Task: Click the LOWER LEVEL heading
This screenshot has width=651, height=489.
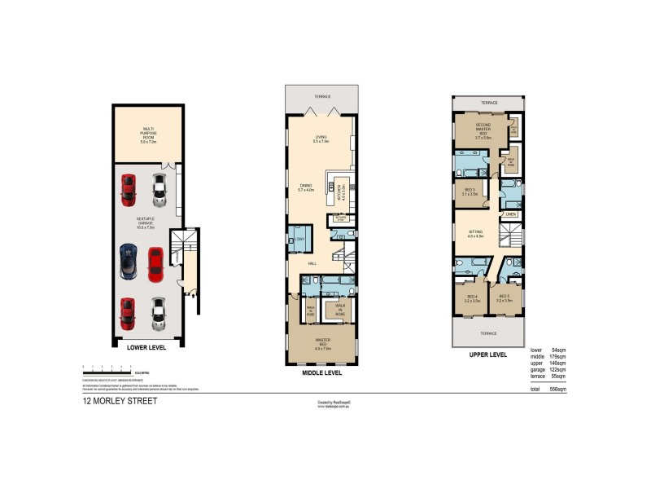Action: pos(146,346)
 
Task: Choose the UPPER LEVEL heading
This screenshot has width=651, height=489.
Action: pos(488,355)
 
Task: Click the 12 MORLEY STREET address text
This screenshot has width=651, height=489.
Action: pos(120,401)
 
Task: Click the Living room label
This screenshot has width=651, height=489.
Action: pos(321,139)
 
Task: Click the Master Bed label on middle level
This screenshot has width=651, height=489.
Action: pos(322,341)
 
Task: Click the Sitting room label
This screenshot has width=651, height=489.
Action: pos(476,234)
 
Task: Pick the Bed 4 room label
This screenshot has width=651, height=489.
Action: pos(470,297)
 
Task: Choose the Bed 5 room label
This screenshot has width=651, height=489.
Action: pos(504,297)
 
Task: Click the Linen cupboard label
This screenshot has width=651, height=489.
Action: pos(510,214)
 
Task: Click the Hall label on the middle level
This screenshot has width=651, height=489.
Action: pos(312,262)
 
